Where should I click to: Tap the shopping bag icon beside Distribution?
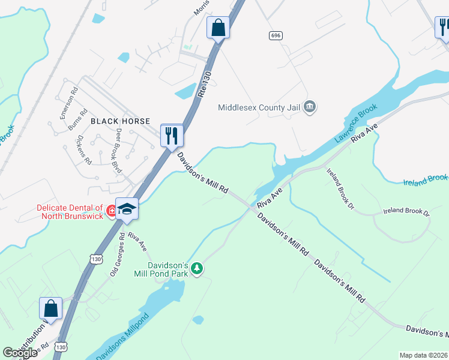[51, 308]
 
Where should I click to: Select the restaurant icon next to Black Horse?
[172, 135]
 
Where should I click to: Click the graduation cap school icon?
[127, 209]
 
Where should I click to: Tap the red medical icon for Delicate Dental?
[110, 211]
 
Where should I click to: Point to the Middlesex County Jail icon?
[310, 107]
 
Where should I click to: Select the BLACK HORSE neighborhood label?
[116, 121]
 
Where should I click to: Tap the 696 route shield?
[276, 36]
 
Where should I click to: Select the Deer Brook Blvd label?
[119, 151]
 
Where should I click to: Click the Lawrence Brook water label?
[356, 123]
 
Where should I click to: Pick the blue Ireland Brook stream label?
[425, 179]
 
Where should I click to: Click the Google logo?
[20, 353]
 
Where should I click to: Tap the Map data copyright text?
[423, 355]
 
